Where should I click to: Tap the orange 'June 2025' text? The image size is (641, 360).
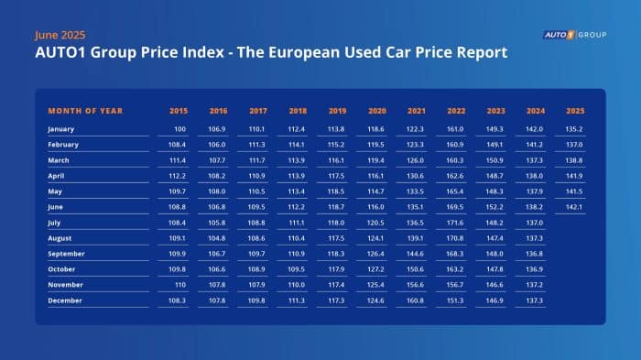point(60,35)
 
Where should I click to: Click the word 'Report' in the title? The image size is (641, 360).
point(475,53)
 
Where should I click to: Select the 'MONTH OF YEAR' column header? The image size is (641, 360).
point(85,111)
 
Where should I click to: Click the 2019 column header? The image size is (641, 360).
point(336,111)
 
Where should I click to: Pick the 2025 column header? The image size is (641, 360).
point(575,111)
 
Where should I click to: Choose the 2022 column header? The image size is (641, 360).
point(455,111)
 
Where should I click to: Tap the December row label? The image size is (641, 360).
point(66,300)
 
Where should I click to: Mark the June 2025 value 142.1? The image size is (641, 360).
point(575,207)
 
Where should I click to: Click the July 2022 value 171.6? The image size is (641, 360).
point(455,223)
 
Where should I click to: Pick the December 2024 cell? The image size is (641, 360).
point(536,300)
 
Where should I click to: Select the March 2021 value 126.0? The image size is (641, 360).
point(416,160)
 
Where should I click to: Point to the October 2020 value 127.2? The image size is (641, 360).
point(375,269)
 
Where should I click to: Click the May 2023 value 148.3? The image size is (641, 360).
point(495,191)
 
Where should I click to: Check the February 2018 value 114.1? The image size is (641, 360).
point(297,145)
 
